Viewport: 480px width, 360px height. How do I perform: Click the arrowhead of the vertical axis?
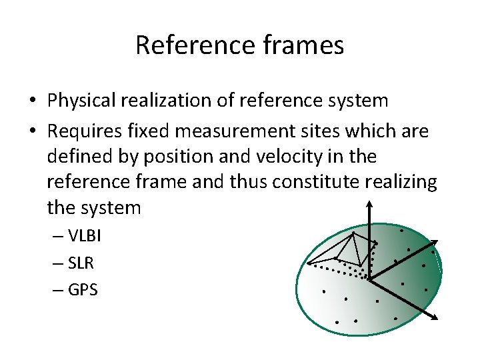[x=368, y=201]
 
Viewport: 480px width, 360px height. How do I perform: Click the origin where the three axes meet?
[x=369, y=278]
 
